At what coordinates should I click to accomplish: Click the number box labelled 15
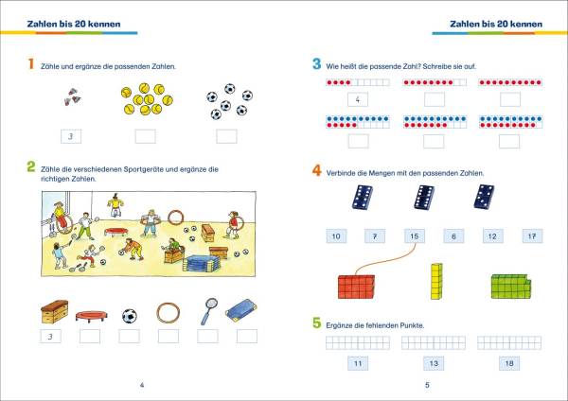[x=415, y=236]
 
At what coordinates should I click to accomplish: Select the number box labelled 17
[x=532, y=236]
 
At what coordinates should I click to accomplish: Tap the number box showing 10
[x=336, y=236]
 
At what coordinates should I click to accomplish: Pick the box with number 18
[x=509, y=363]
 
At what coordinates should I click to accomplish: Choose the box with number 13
[x=434, y=363]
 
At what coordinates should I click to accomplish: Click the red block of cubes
[x=357, y=287]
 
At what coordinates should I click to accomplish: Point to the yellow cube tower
[x=436, y=281]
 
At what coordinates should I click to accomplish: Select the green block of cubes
[x=511, y=287]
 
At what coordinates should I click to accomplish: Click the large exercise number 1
[x=31, y=63]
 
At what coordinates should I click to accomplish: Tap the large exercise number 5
[x=316, y=323]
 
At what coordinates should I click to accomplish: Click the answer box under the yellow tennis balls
[x=145, y=136]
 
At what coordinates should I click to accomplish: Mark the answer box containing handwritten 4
[x=358, y=99]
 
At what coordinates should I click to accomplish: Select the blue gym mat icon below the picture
[x=241, y=310]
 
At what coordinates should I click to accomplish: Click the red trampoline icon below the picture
[x=92, y=316]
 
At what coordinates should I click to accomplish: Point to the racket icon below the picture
[x=209, y=311]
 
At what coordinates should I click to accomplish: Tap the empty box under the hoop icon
[x=169, y=337]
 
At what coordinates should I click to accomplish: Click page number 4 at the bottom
[x=142, y=385]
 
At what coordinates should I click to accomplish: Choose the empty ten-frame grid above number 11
[x=358, y=342]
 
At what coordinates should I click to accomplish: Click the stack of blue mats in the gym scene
[x=201, y=264]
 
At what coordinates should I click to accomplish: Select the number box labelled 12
[x=492, y=236]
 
